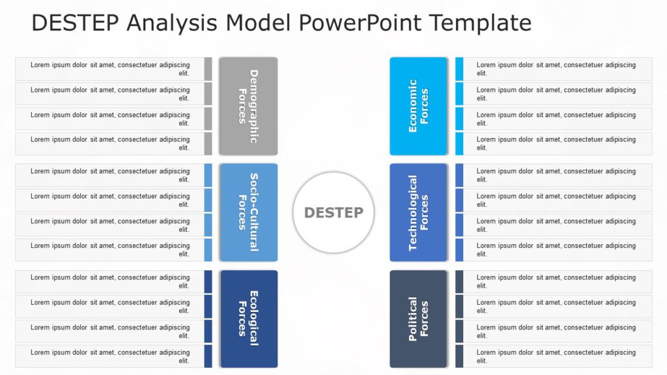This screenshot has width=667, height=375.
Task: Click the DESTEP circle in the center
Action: [x=333, y=213]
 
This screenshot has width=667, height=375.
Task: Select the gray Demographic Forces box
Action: [x=248, y=106]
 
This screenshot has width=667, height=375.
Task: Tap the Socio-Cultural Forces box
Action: [x=248, y=212]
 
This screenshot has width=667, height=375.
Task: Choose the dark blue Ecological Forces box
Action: [x=248, y=319]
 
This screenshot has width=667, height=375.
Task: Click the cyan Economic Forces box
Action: [x=418, y=106]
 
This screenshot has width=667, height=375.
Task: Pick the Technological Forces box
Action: [x=418, y=212]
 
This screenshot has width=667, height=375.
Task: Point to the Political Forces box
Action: [x=418, y=319]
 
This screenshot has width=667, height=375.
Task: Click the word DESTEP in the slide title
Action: [x=75, y=23]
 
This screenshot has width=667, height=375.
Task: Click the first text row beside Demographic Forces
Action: [x=109, y=69]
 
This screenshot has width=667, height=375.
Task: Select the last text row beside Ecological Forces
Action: [x=109, y=356]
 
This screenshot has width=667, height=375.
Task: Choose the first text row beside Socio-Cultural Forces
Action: [x=109, y=175]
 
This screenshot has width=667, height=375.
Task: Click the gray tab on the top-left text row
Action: [x=208, y=69]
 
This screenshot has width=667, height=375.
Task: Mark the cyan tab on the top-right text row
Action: [x=459, y=69]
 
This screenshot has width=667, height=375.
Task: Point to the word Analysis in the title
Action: [x=172, y=23]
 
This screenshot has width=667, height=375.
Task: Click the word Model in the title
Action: [x=258, y=23]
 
